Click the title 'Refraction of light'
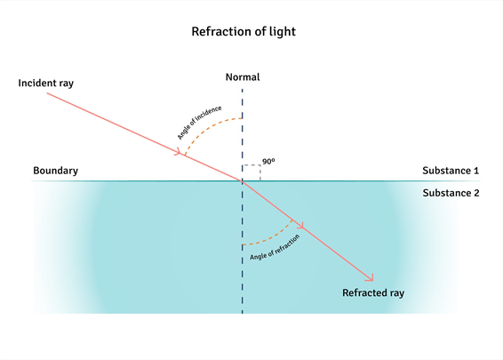coord(244,32)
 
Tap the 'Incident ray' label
coord(46,83)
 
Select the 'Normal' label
coord(243,77)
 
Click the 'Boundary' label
coord(55,171)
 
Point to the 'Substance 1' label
coord(451,171)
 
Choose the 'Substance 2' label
coord(451,193)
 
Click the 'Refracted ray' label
coord(373,293)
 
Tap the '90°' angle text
coord(268,161)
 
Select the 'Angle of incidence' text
coord(200,123)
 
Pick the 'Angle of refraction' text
coord(275,247)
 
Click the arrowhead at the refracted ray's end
coord(371,278)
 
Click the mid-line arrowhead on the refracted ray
coord(300,225)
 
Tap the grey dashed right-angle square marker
coord(260,165)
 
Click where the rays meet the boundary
coord(243,181)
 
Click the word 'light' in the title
coord(283,32)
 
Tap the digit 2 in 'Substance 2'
coord(476,193)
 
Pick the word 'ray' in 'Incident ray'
coord(66,84)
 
